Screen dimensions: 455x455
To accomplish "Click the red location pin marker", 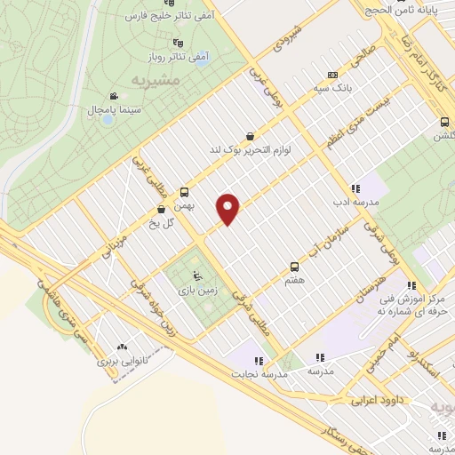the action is pos(229,208).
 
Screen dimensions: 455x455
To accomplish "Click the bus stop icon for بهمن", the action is pos(185,192).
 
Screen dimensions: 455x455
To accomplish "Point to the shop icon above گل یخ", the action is pos(161,210).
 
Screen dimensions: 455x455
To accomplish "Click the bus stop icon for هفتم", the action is pos(295,267).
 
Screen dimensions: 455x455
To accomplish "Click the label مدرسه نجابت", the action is pos(259,373).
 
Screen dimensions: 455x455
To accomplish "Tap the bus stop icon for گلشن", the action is pos(443,123).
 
